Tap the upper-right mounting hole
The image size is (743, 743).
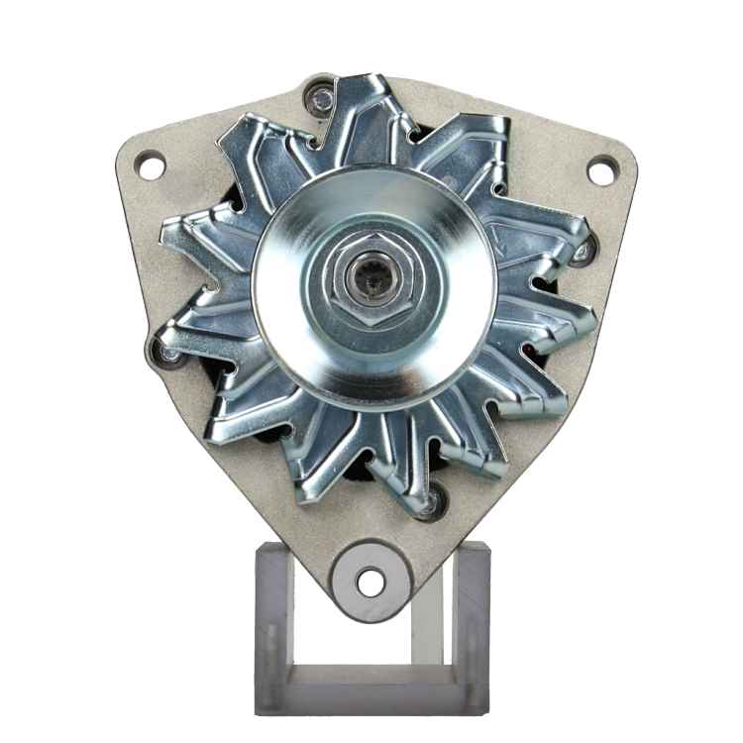pos(600,171)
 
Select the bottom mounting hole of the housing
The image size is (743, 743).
pos(371,582)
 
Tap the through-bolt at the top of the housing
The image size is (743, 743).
pos(319,98)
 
